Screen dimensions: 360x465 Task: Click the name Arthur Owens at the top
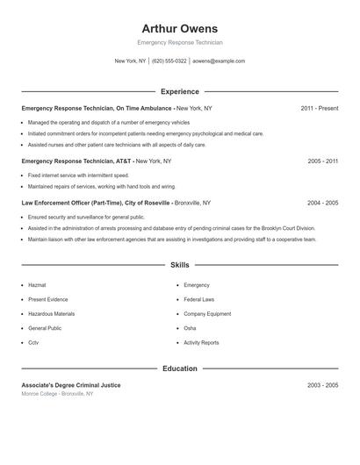click(x=179, y=29)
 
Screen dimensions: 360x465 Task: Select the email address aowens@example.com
click(x=219, y=61)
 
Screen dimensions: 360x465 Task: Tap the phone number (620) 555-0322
click(x=169, y=61)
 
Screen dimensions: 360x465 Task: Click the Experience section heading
click(x=179, y=91)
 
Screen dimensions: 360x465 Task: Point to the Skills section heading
click(x=179, y=264)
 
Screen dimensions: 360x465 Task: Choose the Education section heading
click(x=179, y=368)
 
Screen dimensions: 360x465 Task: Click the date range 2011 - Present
click(x=319, y=108)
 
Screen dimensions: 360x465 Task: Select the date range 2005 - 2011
click(x=322, y=161)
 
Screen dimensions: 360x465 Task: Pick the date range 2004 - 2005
click(x=322, y=203)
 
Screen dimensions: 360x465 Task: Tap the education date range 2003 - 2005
click(x=322, y=385)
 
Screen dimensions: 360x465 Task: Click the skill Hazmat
click(x=37, y=285)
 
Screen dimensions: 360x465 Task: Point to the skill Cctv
click(x=33, y=342)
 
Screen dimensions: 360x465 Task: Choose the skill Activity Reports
click(x=201, y=342)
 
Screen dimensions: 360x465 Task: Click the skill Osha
click(x=190, y=328)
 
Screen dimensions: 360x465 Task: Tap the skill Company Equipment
click(x=207, y=313)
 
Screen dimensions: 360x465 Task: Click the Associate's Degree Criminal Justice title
click(x=71, y=385)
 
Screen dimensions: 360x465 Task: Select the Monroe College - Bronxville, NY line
click(x=57, y=394)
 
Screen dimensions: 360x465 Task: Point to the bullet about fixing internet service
click(x=78, y=175)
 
